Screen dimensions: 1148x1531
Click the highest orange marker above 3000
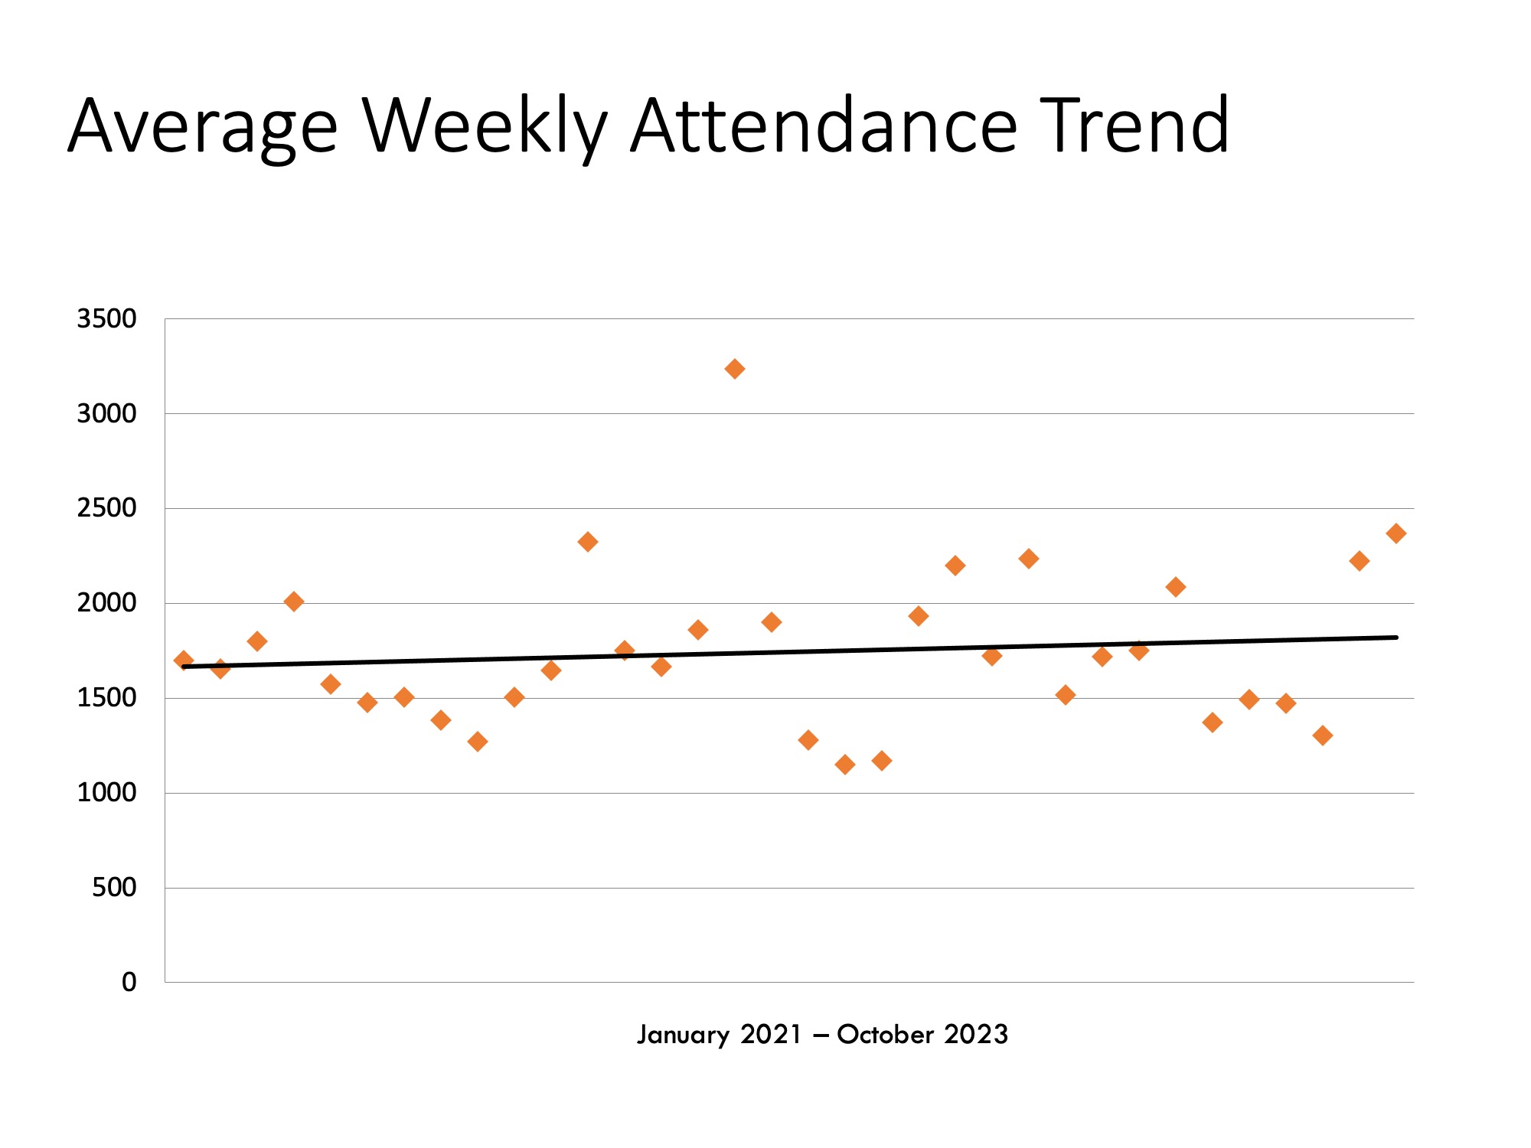click(x=734, y=369)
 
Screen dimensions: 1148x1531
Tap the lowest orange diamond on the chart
click(x=845, y=764)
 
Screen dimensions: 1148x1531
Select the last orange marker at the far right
click(x=1396, y=533)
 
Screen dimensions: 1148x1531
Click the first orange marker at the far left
click(x=184, y=660)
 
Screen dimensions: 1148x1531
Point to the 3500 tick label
click(x=106, y=318)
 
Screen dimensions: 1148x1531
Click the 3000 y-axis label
click(x=106, y=413)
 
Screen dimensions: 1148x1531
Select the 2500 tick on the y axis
click(x=106, y=508)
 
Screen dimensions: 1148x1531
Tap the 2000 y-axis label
click(x=106, y=603)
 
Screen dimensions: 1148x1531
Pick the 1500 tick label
click(x=106, y=698)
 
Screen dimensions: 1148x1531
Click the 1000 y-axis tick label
click(x=106, y=793)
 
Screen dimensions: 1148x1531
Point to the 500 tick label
click(x=114, y=888)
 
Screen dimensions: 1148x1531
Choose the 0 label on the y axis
click(x=129, y=983)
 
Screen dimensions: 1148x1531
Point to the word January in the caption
click(x=684, y=1035)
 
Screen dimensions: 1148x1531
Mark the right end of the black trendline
click(x=1396, y=637)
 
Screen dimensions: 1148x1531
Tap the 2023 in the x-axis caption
click(x=976, y=1035)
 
